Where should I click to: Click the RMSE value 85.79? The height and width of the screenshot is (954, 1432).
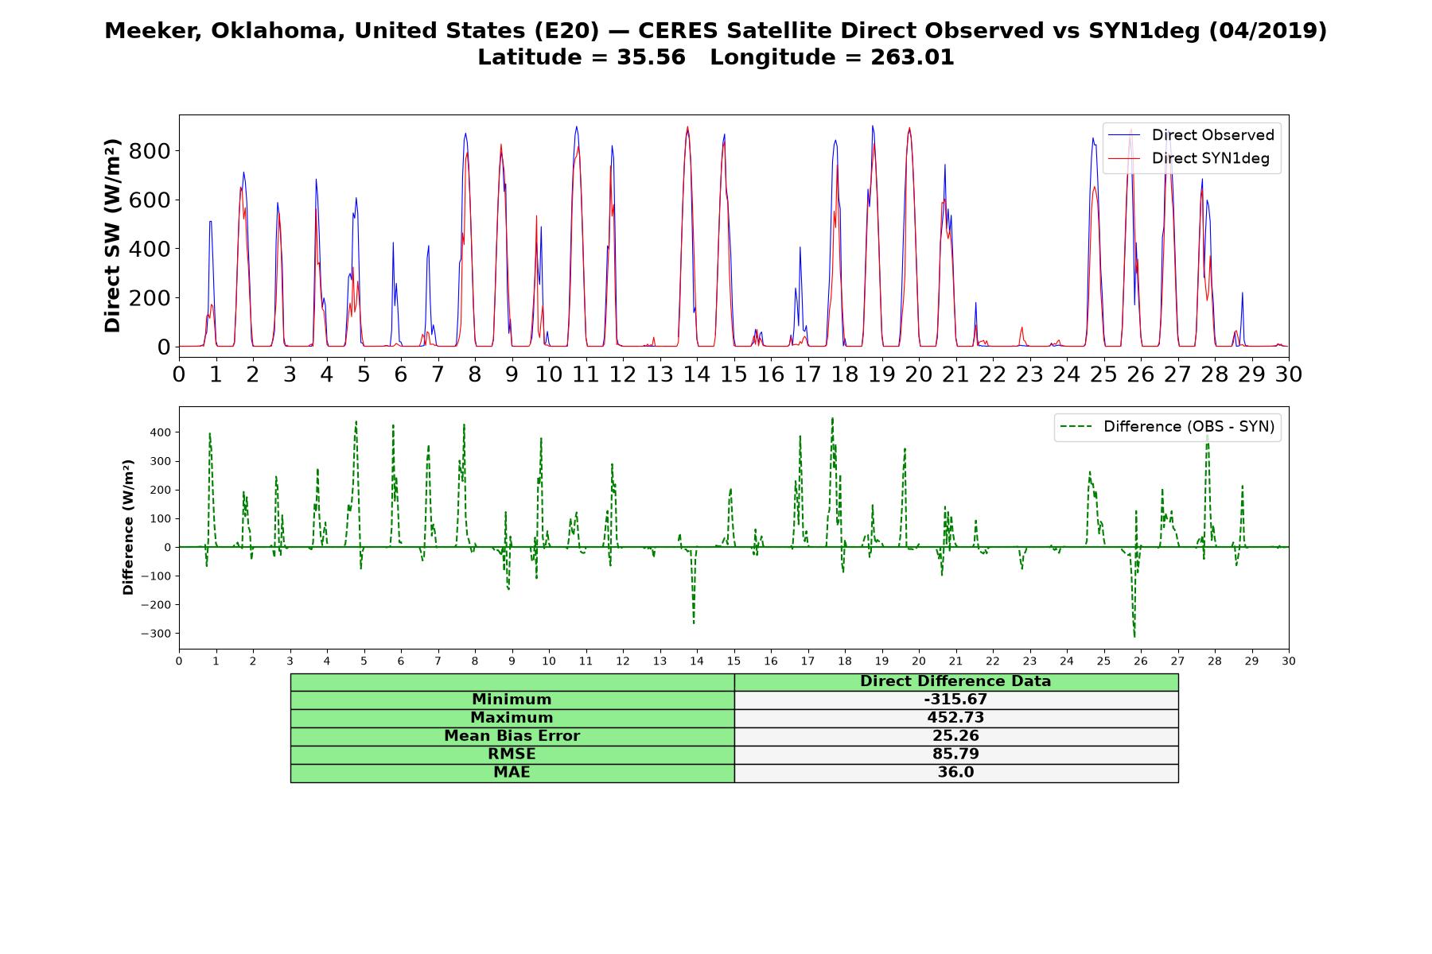pos(955,754)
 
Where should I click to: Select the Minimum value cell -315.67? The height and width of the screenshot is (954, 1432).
pos(955,700)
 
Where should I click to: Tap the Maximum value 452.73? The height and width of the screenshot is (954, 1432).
pos(955,718)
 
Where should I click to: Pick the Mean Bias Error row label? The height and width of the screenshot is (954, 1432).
pos(512,736)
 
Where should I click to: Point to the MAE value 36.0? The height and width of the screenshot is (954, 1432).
pos(955,772)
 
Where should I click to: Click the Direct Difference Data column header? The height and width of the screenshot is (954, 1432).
pos(955,681)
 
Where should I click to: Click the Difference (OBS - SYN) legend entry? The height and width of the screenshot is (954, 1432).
pos(1167,427)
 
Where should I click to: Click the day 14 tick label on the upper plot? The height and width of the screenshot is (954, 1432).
pos(697,374)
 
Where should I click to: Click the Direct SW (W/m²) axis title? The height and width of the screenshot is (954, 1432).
pos(113,235)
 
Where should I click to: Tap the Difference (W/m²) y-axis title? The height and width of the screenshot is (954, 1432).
pos(128,527)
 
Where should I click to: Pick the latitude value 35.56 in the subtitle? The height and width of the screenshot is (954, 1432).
pos(651,58)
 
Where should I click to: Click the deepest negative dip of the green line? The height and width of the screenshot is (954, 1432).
pos(1134,637)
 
